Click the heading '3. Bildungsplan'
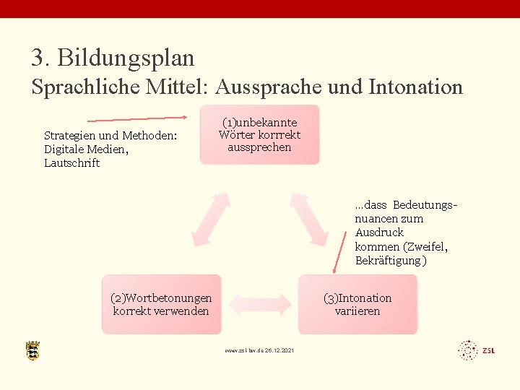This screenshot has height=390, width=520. coord(113,57)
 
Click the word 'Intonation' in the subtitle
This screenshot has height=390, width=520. coord(415,87)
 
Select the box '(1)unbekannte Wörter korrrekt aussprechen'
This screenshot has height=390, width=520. coord(260,135)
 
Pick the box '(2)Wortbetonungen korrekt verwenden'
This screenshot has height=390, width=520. coord(161,304)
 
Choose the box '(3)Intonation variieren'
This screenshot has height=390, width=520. coord(357,304)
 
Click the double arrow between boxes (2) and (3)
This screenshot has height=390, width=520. coord(261,304)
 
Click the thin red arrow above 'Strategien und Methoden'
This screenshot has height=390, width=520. coord(137,118)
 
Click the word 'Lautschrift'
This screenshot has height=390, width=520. coord(72,163)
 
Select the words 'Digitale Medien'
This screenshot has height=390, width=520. coord(84,149)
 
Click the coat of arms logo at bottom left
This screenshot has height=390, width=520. coord(32,350)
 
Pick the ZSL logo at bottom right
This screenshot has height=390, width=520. coord(477,350)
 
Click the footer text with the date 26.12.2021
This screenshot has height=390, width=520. coord(259,351)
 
